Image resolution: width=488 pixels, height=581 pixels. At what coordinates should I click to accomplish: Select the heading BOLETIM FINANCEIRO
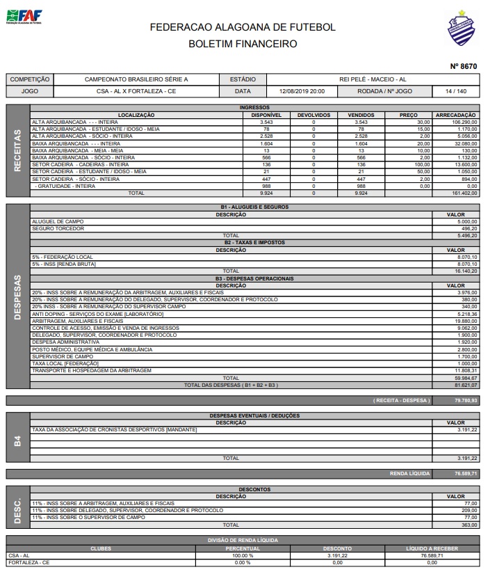(x=243, y=44)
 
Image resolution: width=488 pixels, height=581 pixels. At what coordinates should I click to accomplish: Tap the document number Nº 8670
(x=464, y=67)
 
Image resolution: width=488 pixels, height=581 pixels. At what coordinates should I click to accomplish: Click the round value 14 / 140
(x=459, y=91)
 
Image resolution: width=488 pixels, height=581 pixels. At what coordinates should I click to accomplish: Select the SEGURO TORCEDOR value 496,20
(x=468, y=228)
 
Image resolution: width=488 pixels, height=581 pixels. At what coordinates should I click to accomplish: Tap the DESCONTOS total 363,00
(x=468, y=525)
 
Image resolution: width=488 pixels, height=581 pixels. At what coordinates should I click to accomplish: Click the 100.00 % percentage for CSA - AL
(x=243, y=556)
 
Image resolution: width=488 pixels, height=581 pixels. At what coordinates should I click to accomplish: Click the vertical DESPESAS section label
(x=17, y=298)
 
